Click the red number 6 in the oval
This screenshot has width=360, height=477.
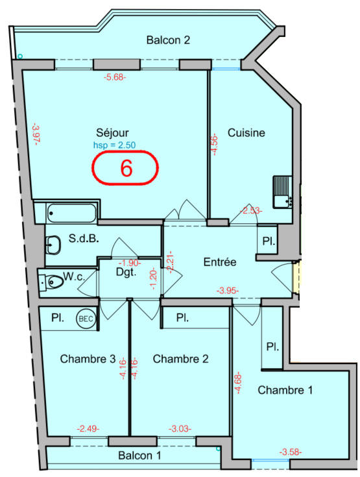126,168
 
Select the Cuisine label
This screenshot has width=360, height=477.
246,133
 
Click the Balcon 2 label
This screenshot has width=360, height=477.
168,40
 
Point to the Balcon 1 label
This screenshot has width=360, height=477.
139,456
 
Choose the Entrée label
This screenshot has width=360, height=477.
219,262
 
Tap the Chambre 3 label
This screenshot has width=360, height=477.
88,359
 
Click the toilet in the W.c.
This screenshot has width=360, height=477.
53,282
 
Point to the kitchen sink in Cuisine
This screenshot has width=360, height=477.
283,192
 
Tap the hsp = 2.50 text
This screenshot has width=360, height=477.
114,145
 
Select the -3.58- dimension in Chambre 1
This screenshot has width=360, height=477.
291,452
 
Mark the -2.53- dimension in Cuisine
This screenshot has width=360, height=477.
250,210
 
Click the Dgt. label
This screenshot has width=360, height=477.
125,273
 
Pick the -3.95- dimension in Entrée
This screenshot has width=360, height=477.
228,291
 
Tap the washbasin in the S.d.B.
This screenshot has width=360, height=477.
53,244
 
